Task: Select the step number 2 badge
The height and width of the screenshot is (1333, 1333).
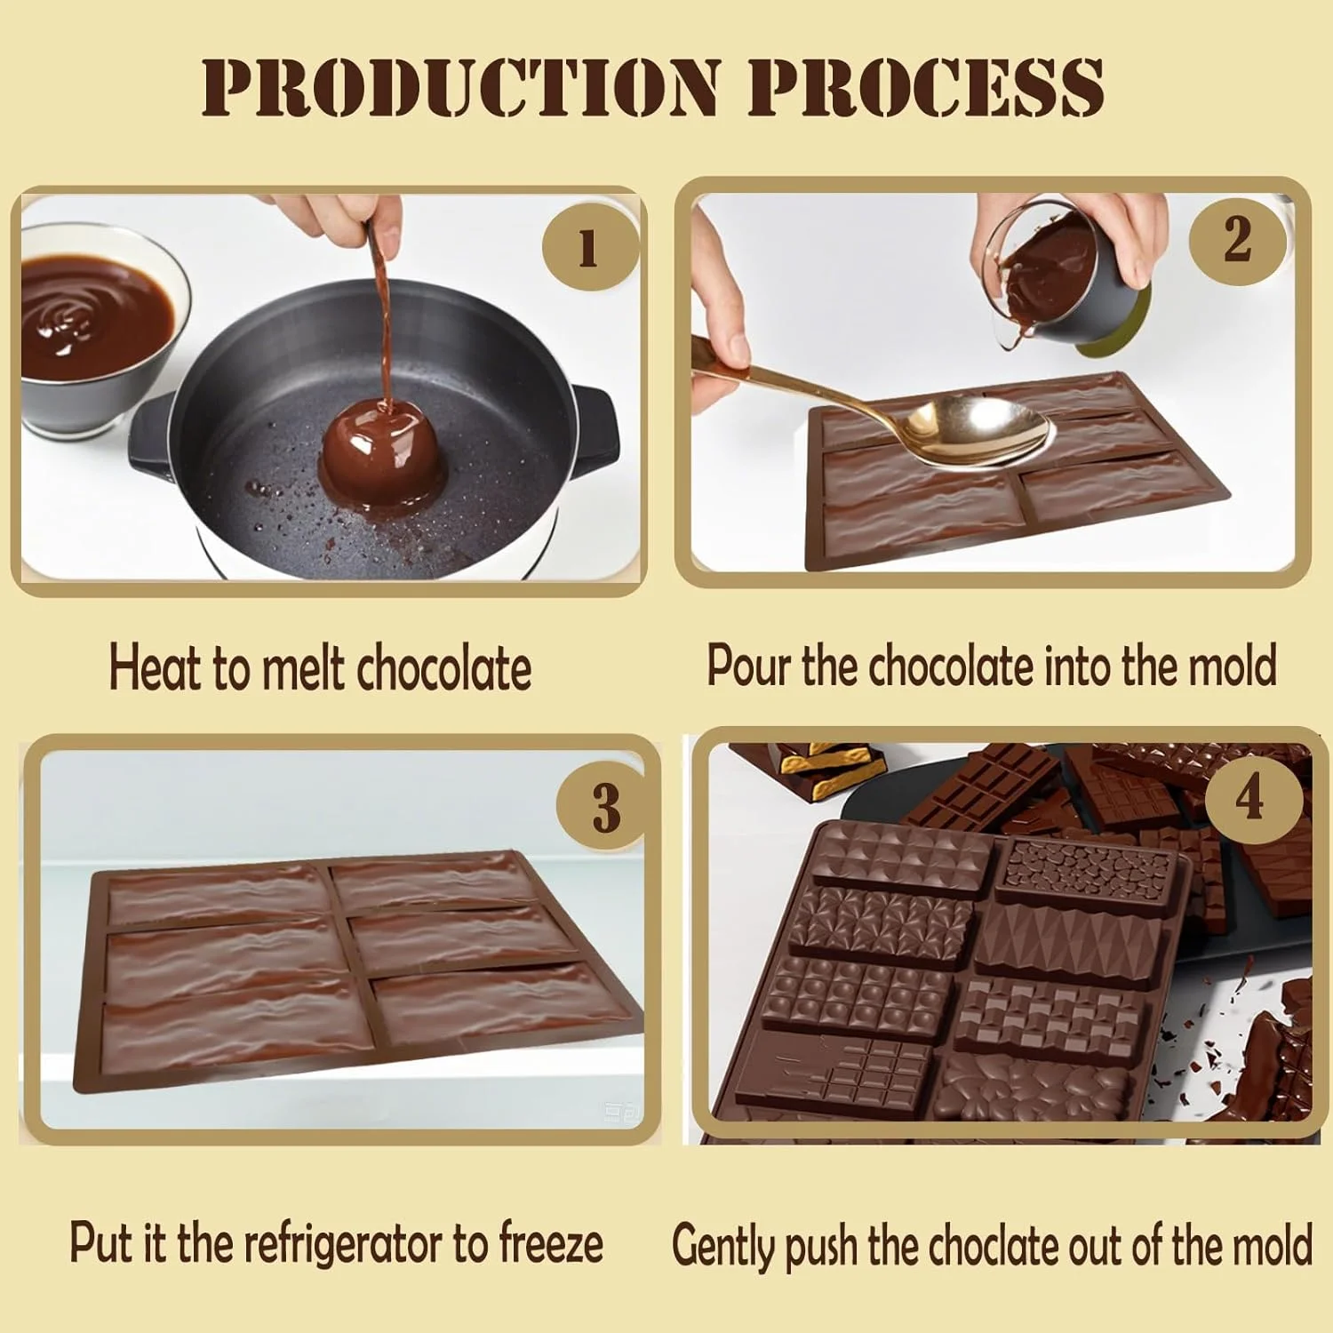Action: coord(1238,238)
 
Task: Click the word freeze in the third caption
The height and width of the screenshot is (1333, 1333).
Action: coord(551,1242)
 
